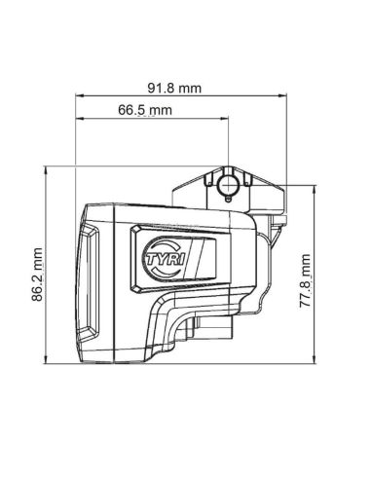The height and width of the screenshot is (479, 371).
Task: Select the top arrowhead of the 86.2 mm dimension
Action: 49,170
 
